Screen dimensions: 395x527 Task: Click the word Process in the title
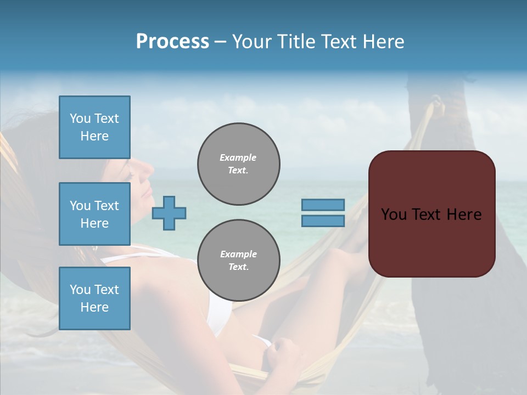pyautogui.click(x=172, y=42)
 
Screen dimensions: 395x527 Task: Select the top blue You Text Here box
pyautogui.click(x=94, y=127)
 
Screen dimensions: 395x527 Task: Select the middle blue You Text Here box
pyautogui.click(x=94, y=214)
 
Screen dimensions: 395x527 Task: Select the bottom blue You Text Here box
pyautogui.click(x=94, y=298)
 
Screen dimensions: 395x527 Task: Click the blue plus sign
pyautogui.click(x=169, y=213)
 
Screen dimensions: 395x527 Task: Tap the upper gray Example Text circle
pyautogui.click(x=238, y=164)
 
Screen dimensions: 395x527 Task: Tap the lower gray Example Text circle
pyautogui.click(x=238, y=261)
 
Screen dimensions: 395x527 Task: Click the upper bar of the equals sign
pyautogui.click(x=323, y=205)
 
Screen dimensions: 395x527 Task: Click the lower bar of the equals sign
pyautogui.click(x=323, y=221)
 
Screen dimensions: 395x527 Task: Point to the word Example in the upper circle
pyautogui.click(x=238, y=157)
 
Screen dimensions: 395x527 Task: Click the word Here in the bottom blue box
pyautogui.click(x=94, y=307)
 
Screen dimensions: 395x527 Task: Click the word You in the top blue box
pyautogui.click(x=80, y=119)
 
